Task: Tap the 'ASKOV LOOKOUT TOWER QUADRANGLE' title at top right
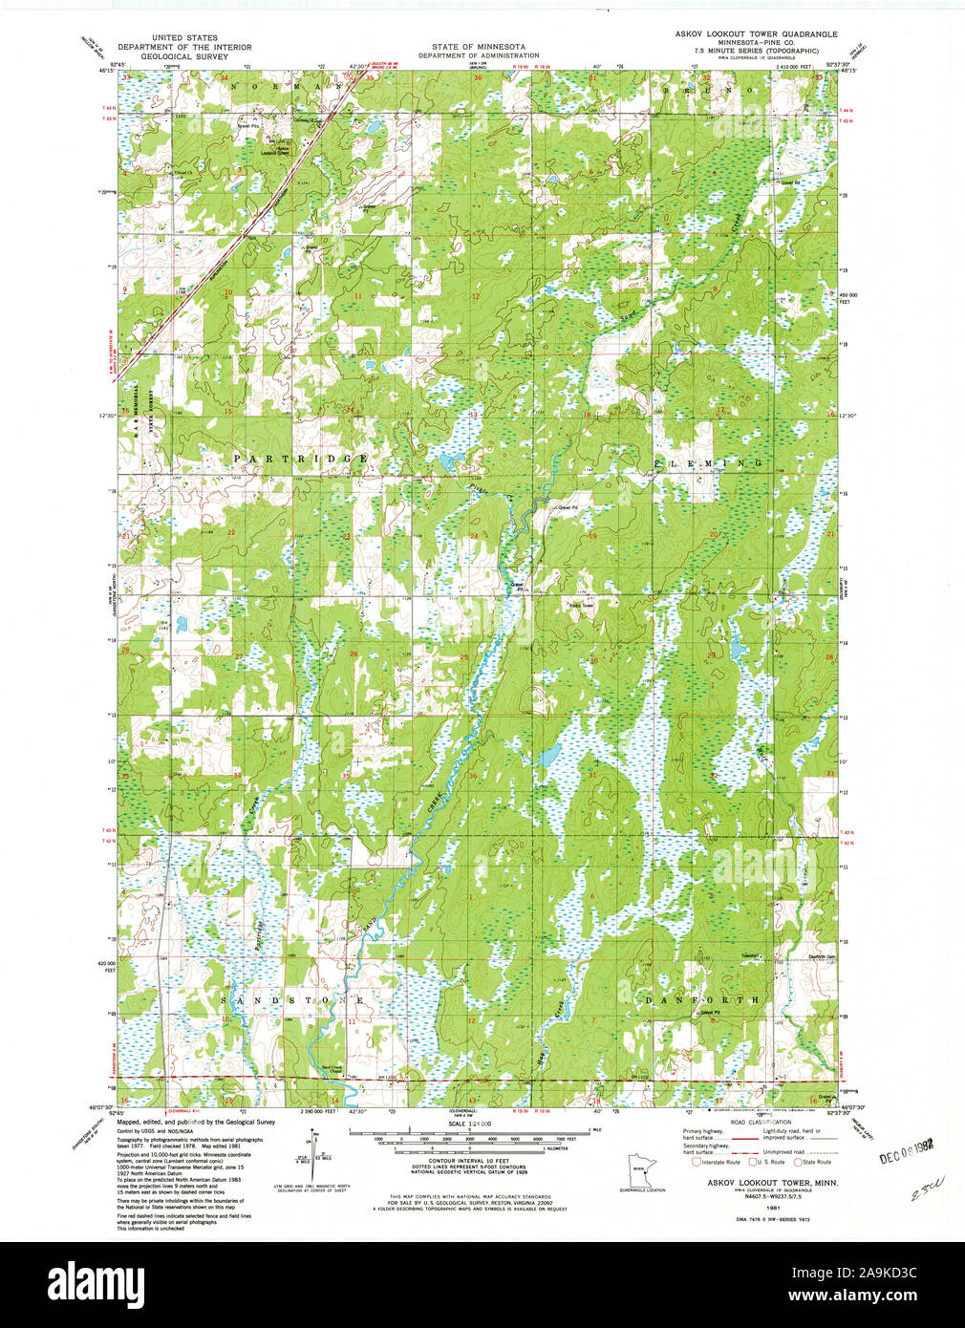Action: (x=756, y=33)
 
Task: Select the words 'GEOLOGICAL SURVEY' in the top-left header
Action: (x=184, y=55)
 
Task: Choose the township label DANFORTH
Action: (x=702, y=1000)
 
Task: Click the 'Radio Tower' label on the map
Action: (x=581, y=605)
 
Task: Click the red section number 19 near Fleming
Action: (x=592, y=536)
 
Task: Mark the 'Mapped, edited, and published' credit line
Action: (x=195, y=1123)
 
